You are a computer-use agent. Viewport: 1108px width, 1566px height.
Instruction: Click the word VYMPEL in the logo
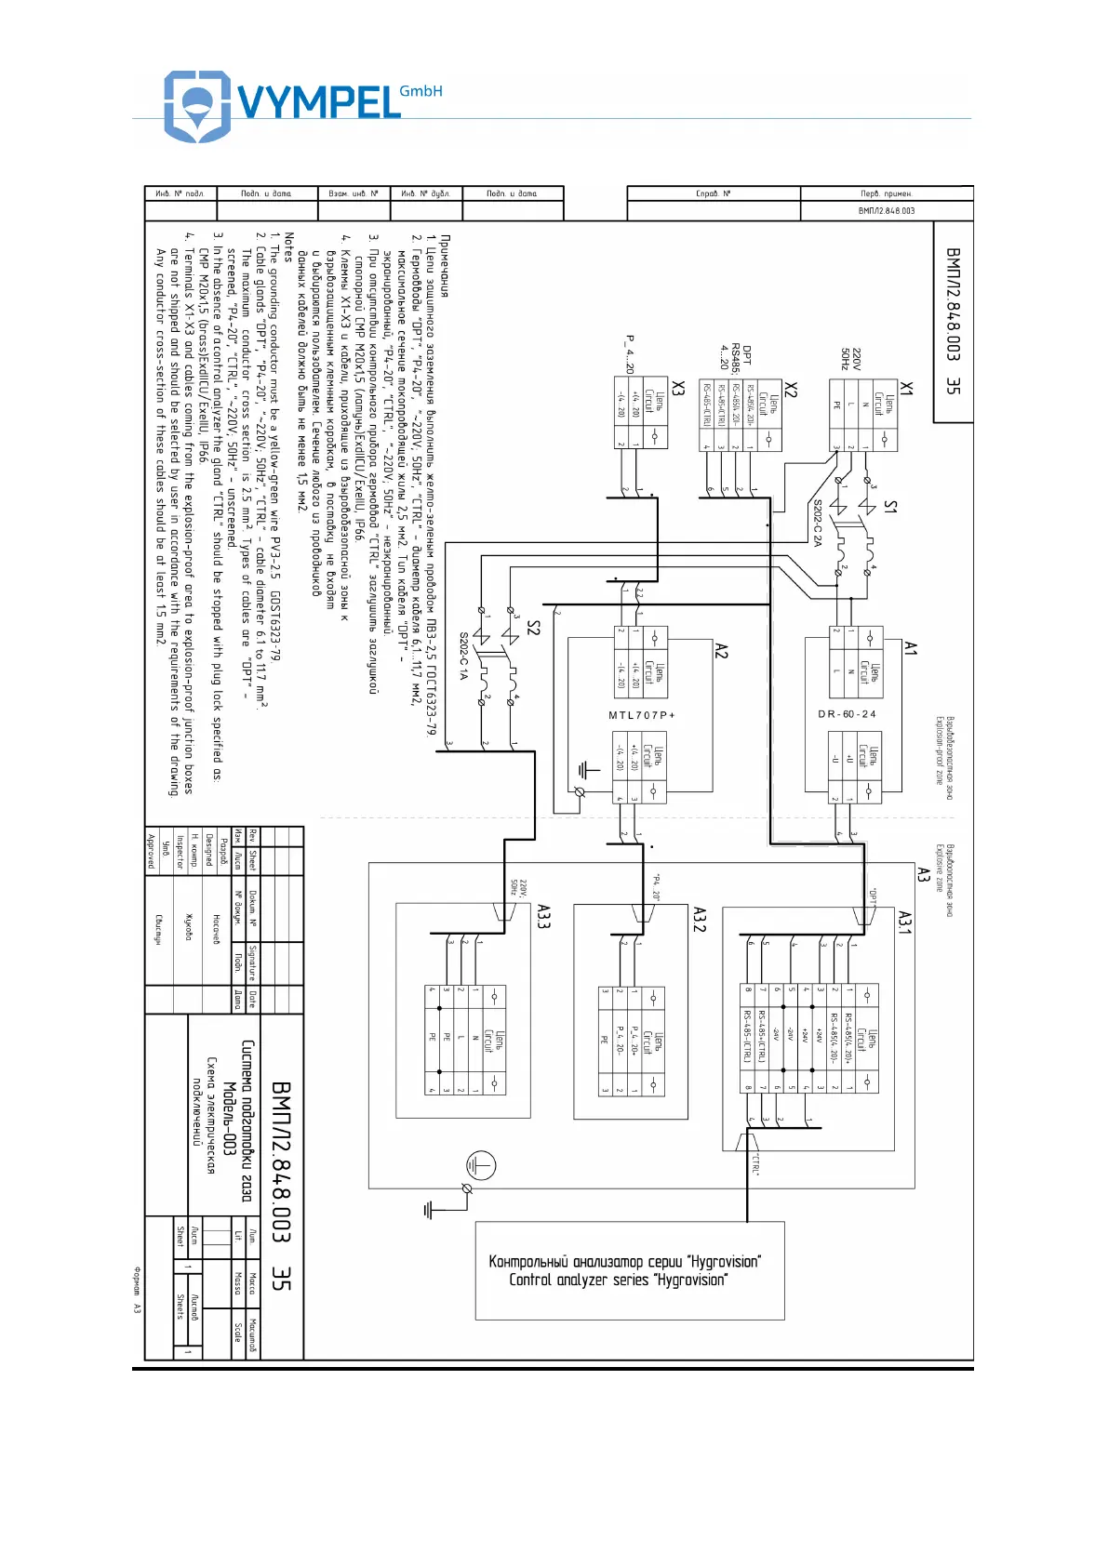(319, 101)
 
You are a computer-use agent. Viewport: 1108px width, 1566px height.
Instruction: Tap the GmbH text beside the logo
(421, 91)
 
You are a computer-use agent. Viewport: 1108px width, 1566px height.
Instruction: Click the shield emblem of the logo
(196, 105)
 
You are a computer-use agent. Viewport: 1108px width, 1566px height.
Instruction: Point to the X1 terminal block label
(906, 388)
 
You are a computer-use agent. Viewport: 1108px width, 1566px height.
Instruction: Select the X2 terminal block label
(790, 389)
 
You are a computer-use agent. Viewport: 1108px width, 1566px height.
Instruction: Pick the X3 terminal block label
(677, 388)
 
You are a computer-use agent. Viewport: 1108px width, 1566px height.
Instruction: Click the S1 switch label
(889, 506)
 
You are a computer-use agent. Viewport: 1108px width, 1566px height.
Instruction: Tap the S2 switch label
(532, 628)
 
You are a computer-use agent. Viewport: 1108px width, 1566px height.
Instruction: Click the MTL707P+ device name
(642, 715)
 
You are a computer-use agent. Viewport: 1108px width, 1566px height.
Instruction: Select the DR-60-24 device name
(847, 714)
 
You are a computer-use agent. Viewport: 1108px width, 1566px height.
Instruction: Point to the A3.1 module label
(904, 922)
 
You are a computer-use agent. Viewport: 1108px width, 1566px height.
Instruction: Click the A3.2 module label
(700, 920)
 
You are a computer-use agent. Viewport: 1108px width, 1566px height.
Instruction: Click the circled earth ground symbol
(480, 1165)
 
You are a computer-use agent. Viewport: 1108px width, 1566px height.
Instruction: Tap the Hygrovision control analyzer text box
(630, 1270)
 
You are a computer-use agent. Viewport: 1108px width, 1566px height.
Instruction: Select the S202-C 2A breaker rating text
(817, 523)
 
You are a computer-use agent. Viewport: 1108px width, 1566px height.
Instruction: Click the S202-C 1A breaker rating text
(462, 657)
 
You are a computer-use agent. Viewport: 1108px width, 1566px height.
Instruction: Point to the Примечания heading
(445, 266)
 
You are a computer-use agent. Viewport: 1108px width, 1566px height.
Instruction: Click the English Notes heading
(288, 246)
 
